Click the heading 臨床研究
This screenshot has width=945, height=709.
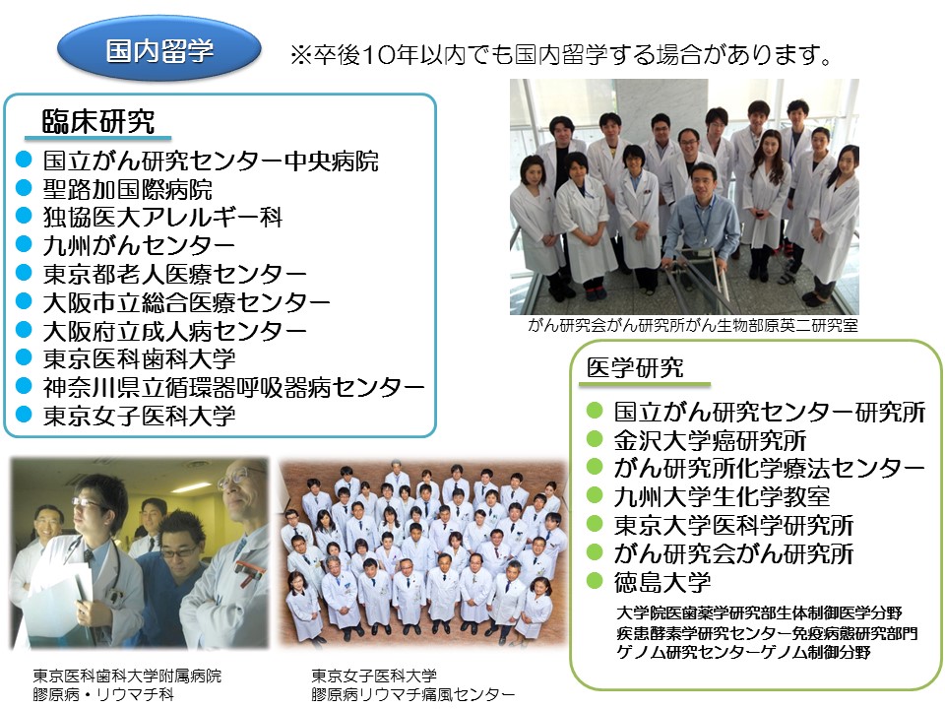98,122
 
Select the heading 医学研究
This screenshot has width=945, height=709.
635,367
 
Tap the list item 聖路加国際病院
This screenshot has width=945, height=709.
127,189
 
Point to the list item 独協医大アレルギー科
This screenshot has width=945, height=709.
162,217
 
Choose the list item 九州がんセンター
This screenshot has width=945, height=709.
139,245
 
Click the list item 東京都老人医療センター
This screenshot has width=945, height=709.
175,274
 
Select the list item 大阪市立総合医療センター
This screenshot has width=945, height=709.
186,302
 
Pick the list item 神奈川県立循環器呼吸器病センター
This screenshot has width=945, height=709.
234,387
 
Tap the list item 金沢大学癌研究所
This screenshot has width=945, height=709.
710,441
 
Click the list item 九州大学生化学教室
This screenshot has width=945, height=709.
722,496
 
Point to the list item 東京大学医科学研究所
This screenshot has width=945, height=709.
733,525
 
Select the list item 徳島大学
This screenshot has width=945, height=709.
662,582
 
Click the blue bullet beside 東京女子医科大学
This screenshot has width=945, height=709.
24,415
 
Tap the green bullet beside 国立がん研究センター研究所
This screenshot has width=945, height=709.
595,411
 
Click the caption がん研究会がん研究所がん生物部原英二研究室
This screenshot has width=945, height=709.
693,326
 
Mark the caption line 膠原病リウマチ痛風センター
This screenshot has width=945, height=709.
412,694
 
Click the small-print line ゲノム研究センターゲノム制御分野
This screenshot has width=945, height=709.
744,652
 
